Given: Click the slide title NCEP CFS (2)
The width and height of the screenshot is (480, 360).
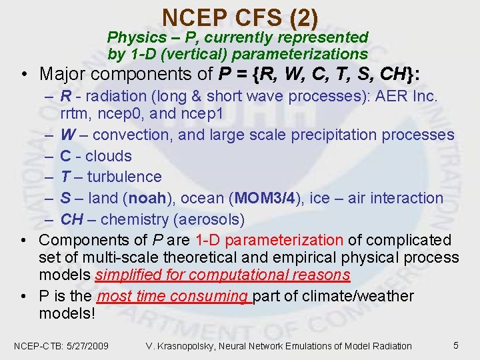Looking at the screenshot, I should coord(240,16).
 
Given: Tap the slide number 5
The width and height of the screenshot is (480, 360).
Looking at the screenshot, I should coord(455,345).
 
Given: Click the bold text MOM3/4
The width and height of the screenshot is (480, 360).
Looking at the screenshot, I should coord(256,198).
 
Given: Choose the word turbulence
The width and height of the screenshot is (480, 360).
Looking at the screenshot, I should coord(125,177).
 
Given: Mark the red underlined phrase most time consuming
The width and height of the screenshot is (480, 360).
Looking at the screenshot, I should coord(173,296).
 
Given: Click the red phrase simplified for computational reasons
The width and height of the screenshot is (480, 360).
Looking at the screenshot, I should coord(222,275).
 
